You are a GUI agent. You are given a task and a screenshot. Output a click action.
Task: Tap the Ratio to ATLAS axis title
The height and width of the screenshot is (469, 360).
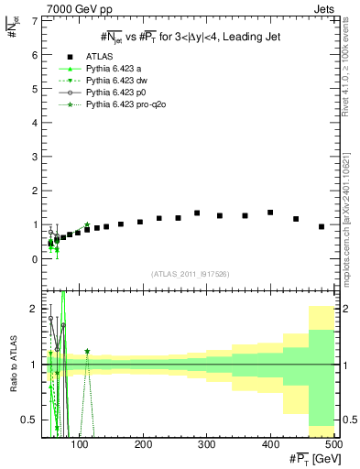click(12, 365)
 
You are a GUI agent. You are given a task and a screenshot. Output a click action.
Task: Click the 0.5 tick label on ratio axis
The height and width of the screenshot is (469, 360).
click(29, 420)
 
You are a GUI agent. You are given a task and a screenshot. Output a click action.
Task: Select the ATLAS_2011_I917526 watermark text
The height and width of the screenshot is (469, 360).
click(189, 274)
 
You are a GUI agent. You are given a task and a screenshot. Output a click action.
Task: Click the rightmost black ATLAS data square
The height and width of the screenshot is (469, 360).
click(322, 226)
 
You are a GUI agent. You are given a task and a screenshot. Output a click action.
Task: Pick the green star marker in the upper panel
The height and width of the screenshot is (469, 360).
click(87, 224)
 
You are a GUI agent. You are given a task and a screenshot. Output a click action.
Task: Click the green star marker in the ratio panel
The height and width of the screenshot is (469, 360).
click(87, 351)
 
